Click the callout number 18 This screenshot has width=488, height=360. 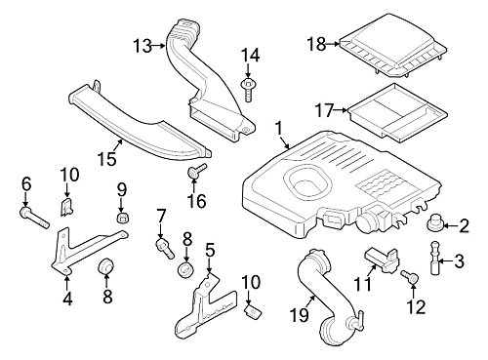[x=315, y=43]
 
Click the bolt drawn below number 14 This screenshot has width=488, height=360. [x=252, y=92]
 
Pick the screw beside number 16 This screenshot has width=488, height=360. [x=193, y=174]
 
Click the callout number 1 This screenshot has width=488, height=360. [x=279, y=127]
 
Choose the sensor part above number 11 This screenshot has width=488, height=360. [x=383, y=260]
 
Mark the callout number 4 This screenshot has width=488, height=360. [x=66, y=299]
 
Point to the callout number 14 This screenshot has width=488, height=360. [x=251, y=56]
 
